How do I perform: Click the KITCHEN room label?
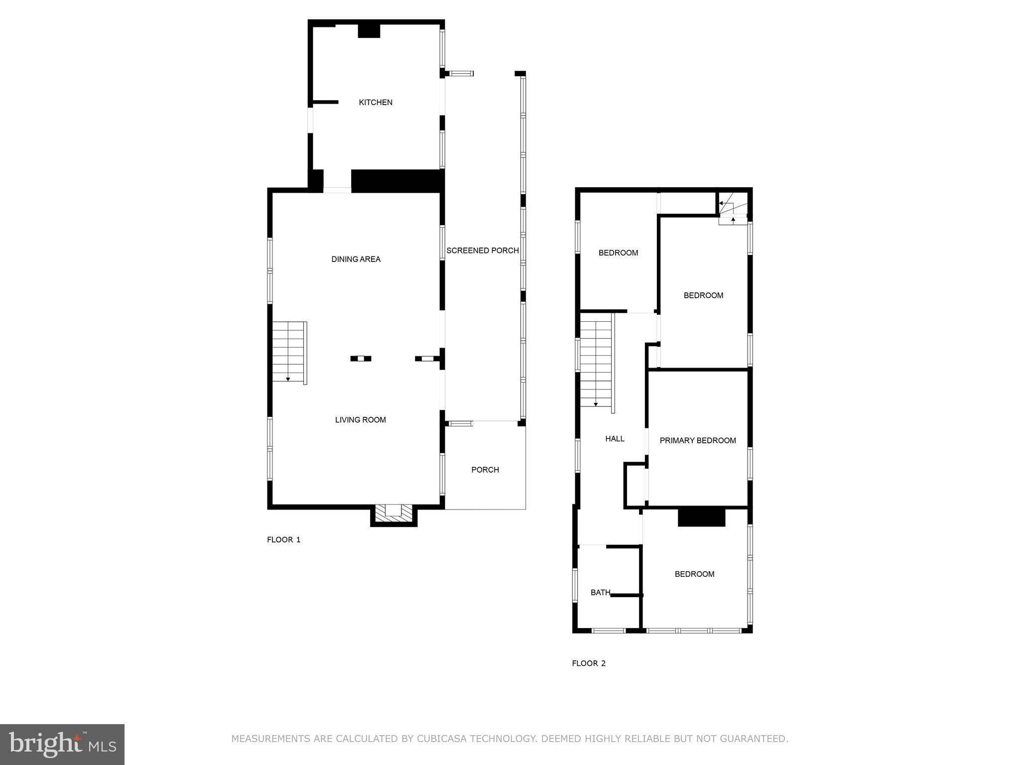click(376, 102)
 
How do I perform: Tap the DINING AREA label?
click(356, 259)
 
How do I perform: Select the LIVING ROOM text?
click(360, 420)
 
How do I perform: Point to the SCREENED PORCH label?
click(482, 251)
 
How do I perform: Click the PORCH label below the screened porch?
click(485, 470)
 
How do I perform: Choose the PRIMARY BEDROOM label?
click(697, 440)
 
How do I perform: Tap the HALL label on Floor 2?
click(615, 439)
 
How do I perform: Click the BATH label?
click(600, 593)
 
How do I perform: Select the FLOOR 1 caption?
click(283, 540)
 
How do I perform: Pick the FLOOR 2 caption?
click(588, 663)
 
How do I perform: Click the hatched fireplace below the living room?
click(393, 514)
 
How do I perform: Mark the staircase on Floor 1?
click(289, 353)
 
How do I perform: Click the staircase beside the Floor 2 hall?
click(596, 364)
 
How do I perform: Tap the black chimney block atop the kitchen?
click(369, 30)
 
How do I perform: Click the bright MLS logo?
click(62, 745)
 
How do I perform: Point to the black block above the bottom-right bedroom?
click(701, 517)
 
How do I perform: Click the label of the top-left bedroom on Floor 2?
click(618, 253)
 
